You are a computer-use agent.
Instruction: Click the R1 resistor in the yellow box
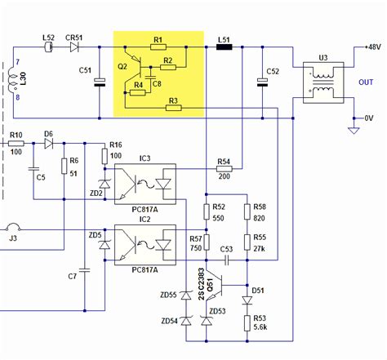[158, 47]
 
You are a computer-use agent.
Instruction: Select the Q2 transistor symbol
[139, 66]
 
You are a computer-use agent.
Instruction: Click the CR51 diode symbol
[75, 47]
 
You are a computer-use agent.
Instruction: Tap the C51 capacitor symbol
[100, 81]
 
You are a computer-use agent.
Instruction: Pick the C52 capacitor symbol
[263, 81]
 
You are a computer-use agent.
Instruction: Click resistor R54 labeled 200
[224, 170]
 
